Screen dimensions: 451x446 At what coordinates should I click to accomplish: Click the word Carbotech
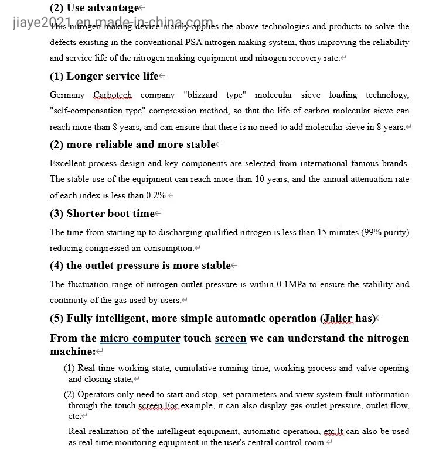click(113, 95)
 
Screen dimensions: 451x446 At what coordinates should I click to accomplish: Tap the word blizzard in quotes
click(202, 95)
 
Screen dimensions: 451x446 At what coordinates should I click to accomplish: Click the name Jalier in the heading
click(337, 319)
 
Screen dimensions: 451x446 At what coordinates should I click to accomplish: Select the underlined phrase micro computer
click(139, 338)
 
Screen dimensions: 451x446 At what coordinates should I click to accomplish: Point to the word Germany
click(67, 95)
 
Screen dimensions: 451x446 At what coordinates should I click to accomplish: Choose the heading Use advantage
click(103, 8)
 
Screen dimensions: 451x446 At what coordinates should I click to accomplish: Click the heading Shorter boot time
click(110, 214)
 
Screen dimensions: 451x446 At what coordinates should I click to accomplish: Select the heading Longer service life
click(112, 77)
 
